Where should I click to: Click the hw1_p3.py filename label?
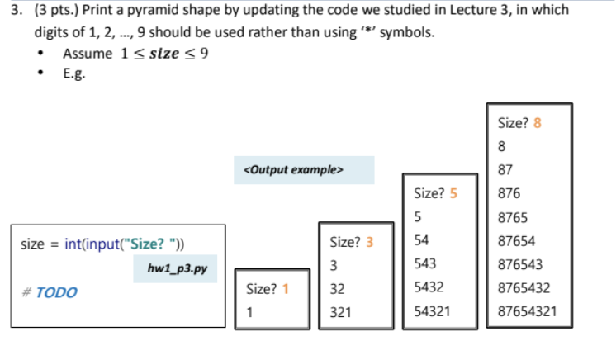pyautogui.click(x=177, y=269)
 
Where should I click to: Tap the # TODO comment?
pyautogui.click(x=50, y=292)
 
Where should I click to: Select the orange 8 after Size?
pyautogui.click(x=538, y=123)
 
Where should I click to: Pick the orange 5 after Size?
pyautogui.click(x=453, y=194)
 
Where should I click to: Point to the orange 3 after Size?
pyautogui.click(x=369, y=243)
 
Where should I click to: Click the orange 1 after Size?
pyautogui.click(x=286, y=289)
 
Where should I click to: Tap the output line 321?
pyautogui.click(x=339, y=313)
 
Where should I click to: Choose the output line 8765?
pyautogui.click(x=513, y=218)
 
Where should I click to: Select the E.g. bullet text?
pyautogui.click(x=73, y=73)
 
